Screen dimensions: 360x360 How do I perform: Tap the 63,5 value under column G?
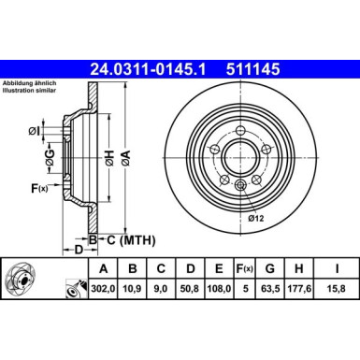(273, 289)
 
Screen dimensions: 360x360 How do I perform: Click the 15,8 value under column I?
(334, 289)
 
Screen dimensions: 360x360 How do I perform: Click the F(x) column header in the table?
(248, 270)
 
